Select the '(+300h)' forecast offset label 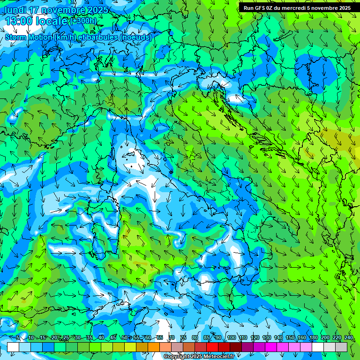click(84, 21)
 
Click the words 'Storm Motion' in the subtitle click(29, 37)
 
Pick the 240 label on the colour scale click(348, 337)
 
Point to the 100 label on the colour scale click(231, 337)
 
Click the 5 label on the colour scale click(18, 337)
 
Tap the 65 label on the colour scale click(160, 337)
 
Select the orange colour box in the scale click(142, 347)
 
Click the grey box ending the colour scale click(342, 347)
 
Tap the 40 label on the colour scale click(101, 337)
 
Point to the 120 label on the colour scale click(255, 337)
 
